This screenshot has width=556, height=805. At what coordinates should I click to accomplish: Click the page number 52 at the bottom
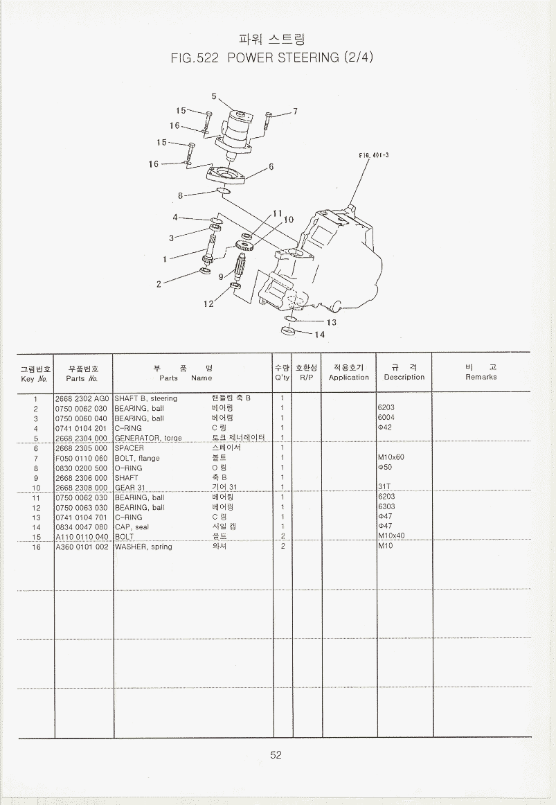point(276,754)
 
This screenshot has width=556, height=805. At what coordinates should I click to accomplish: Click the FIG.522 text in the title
point(195,58)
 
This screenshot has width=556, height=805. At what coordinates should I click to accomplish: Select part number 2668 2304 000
point(82,438)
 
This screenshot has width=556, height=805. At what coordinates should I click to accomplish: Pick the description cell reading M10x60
point(391,457)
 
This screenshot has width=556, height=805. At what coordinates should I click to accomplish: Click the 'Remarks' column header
point(481,377)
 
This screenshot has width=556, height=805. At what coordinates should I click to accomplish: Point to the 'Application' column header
point(349,378)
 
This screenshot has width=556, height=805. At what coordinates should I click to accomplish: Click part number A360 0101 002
point(82,547)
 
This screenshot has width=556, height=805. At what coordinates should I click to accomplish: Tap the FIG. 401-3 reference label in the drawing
point(373,155)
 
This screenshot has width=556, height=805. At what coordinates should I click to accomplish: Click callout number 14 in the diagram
point(320,335)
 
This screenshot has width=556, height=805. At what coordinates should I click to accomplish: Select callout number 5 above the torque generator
point(214,96)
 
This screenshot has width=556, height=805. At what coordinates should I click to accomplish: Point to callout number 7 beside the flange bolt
point(296,112)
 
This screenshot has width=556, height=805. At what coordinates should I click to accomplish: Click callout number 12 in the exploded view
point(208,304)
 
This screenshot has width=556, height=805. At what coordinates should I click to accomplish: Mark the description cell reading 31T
point(384,486)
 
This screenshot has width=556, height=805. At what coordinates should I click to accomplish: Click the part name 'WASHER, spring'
point(143,547)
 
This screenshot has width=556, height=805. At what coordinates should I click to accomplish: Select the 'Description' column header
point(404,377)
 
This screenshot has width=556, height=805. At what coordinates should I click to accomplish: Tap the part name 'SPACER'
point(129,448)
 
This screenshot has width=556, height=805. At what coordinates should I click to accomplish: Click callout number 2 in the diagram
point(159,284)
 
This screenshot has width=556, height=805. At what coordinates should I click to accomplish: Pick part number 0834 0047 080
point(82,527)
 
